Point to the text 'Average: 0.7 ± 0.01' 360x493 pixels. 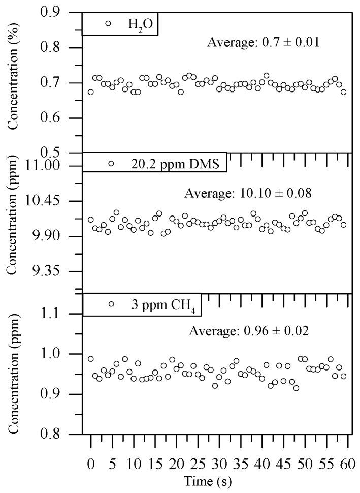263,42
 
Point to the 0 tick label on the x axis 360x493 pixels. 91,464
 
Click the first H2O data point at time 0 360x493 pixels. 91,92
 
